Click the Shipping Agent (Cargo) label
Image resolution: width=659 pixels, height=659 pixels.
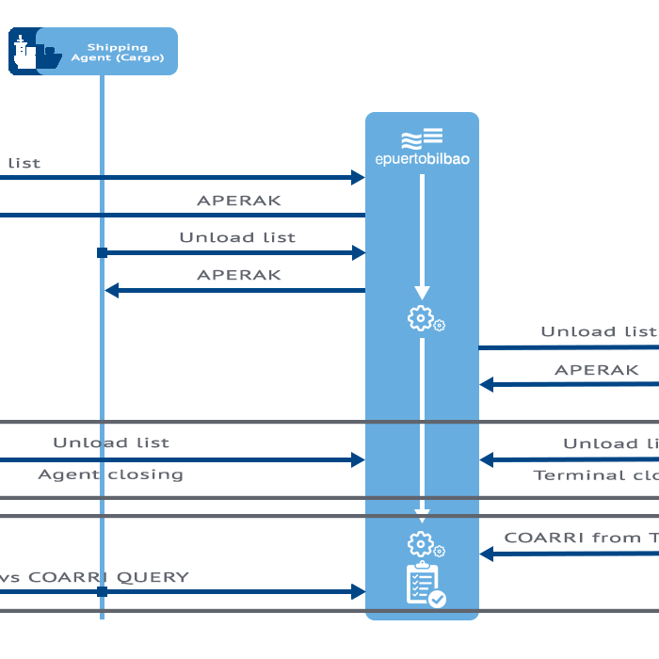tap(118, 52)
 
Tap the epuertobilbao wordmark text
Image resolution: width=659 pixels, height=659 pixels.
tap(422, 159)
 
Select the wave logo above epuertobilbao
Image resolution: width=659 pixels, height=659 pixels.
tap(422, 138)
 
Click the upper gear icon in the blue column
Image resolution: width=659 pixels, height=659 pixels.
tap(422, 319)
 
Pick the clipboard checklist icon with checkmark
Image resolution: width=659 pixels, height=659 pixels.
tap(425, 585)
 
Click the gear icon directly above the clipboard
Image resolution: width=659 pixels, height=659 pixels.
tap(422, 544)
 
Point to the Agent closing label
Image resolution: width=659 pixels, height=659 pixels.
tap(110, 474)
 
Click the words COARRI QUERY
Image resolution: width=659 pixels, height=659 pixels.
tap(108, 577)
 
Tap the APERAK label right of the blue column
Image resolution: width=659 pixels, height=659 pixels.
tap(596, 370)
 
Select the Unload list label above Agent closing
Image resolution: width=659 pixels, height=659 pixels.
tap(111, 442)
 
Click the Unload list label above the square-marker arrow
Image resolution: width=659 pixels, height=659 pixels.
tap(237, 237)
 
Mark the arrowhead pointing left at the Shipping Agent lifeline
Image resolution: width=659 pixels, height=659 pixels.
tap(111, 291)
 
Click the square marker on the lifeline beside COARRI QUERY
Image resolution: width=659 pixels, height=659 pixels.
tap(102, 592)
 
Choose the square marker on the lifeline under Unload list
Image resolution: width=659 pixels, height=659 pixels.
tap(102, 253)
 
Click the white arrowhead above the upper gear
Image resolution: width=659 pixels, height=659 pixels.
tap(422, 292)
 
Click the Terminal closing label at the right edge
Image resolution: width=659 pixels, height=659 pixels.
tap(595, 475)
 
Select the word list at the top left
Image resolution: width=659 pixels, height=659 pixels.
tap(24, 163)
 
